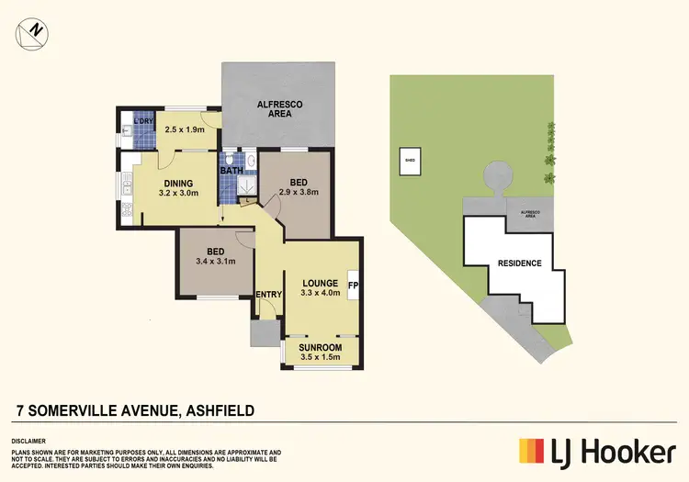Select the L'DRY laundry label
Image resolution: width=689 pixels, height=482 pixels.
coord(142,122)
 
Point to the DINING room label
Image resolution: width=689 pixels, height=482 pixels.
coord(178,182)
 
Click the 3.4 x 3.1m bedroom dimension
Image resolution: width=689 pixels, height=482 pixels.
coord(217,261)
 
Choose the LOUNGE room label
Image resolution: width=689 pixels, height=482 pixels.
coord(320,282)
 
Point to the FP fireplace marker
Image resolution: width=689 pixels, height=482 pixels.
coord(353,284)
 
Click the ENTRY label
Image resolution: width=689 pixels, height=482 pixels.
coord(268,294)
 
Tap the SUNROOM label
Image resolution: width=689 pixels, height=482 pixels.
coord(321,348)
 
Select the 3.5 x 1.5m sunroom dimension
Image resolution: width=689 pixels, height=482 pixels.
coord(321,358)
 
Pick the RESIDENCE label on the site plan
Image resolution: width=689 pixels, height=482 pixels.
coord(519,263)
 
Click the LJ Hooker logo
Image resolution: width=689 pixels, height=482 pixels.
coord(597,451)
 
